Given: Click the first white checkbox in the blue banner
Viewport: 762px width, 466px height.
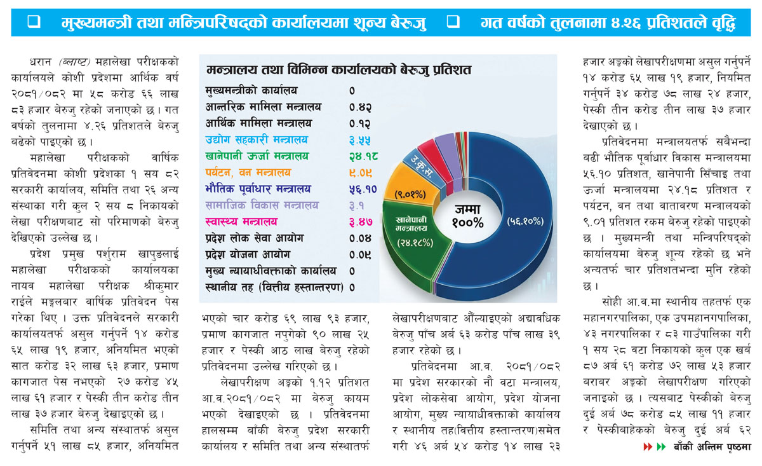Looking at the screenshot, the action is [34, 22].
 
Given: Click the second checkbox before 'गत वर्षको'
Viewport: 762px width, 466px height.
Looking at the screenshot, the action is [453, 22].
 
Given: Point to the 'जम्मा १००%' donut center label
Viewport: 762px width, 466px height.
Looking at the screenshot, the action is [468, 216].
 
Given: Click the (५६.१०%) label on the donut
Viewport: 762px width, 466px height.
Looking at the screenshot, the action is [525, 222].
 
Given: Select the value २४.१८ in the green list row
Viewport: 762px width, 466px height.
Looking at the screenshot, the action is [363, 156].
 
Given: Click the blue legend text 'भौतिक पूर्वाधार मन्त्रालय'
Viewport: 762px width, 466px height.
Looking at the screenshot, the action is [258, 189].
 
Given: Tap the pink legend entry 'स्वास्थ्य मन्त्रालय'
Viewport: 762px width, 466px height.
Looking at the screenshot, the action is [241, 222].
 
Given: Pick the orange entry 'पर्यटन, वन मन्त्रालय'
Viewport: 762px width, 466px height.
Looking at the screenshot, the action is [248, 173].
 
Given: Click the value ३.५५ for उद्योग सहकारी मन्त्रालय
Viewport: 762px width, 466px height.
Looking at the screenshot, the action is [360, 140].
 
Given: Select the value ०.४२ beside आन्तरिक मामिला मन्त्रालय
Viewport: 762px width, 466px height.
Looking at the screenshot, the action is [360, 107].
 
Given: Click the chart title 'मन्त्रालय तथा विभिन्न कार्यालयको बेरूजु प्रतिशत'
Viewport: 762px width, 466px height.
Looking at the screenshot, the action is [338, 70].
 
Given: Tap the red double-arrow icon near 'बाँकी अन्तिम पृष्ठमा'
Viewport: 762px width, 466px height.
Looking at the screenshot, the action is [648, 446].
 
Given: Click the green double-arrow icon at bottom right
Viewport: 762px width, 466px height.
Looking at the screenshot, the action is [661, 446].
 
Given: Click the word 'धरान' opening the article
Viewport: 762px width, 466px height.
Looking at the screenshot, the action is [40, 62].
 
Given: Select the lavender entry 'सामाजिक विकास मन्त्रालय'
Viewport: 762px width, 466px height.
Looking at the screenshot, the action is [262, 205].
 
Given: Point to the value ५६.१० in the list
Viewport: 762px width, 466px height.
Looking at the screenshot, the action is [363, 189].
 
